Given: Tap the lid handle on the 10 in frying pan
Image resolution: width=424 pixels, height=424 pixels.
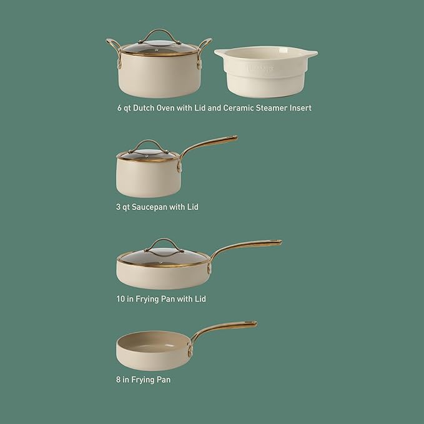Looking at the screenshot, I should click(x=165, y=243).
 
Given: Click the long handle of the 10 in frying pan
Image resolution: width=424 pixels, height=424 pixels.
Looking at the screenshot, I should click(x=247, y=246).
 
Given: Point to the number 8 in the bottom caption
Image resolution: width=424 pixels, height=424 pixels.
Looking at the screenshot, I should click(x=119, y=379).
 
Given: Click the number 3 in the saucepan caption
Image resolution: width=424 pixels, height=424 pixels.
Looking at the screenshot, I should click(x=119, y=207).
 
